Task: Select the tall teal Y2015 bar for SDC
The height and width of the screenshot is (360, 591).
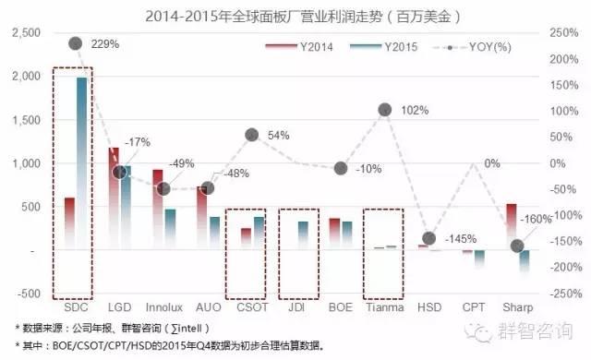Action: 82,162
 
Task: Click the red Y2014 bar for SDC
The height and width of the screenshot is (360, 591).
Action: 69,222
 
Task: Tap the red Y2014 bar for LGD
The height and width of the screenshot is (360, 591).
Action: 114,198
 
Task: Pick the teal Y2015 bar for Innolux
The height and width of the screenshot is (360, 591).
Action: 171,229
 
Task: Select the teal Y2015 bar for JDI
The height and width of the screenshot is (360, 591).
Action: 303,235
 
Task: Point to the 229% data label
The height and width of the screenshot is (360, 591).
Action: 107,44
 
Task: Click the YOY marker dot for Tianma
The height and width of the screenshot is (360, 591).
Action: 385,110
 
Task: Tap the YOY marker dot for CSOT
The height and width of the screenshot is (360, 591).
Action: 251,135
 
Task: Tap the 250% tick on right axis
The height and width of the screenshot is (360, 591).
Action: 564,33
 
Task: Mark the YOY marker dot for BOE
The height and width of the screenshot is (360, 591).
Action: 341,169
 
